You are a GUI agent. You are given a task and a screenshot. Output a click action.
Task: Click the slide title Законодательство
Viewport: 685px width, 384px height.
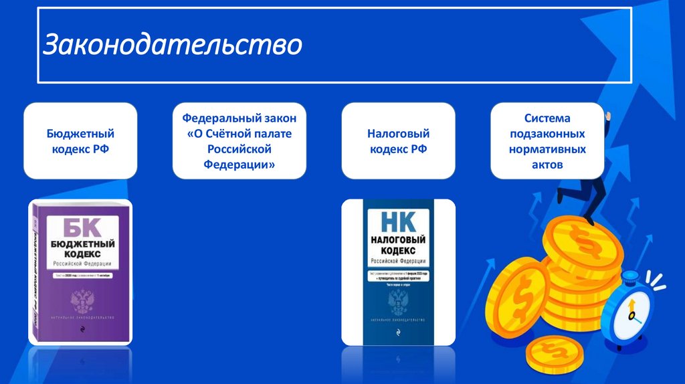click(173, 45)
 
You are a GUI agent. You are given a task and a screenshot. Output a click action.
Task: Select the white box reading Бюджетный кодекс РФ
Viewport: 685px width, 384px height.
click(81, 141)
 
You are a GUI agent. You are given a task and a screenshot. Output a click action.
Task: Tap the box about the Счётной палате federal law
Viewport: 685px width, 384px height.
click(239, 141)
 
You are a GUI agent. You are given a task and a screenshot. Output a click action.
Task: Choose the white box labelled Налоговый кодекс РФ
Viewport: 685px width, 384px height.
click(398, 141)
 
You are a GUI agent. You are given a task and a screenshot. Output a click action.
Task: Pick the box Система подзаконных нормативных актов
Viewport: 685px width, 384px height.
click(547, 141)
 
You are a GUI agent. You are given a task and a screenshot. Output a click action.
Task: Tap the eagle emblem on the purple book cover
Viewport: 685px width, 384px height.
click(83, 300)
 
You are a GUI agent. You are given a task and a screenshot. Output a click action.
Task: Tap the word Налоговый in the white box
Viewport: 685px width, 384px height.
click(398, 134)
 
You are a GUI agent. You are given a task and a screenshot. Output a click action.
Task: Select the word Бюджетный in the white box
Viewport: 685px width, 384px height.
click(81, 134)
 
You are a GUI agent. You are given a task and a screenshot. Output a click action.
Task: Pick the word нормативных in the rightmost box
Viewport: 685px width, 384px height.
click(547, 149)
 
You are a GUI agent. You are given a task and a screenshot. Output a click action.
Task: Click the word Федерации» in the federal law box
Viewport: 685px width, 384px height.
click(239, 164)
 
